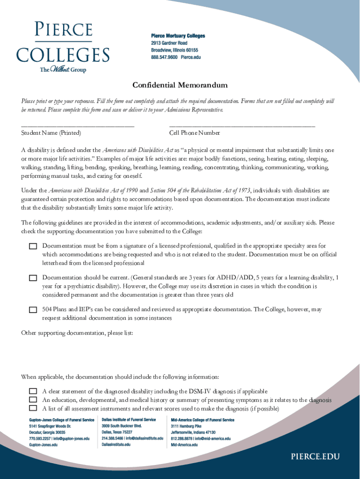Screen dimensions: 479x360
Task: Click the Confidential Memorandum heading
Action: [180, 85]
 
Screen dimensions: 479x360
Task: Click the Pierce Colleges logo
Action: [63, 47]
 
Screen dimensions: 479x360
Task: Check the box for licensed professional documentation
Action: [33, 246]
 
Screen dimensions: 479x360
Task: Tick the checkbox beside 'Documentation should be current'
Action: [33, 278]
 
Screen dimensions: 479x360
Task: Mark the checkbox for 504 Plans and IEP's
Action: [33, 310]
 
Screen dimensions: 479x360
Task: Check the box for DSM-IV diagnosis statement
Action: [33, 391]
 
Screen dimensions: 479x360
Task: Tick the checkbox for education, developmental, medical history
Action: [33, 400]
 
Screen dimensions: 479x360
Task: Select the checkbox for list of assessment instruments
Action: [33, 408]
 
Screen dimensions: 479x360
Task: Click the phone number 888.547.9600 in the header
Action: [165, 57]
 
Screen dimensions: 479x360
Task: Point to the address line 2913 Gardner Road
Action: [169, 43]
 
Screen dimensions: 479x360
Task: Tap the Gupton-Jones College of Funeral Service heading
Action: [62, 420]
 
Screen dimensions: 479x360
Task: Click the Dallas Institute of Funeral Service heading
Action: [129, 420]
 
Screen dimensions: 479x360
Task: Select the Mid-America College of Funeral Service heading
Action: [202, 420]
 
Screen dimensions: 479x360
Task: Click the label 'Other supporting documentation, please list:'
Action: [77, 333]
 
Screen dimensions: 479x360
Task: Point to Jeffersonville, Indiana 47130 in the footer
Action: [193, 433]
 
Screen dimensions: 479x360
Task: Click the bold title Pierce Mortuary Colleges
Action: [178, 36]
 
